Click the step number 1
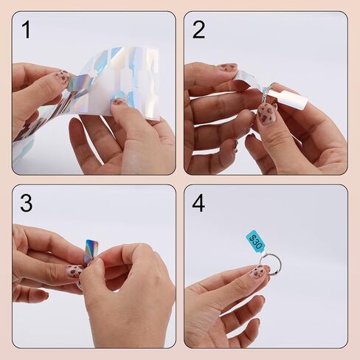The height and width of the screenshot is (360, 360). coord(27,30)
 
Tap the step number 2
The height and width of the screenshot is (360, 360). coord(198,30)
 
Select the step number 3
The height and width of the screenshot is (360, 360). coord(27,203)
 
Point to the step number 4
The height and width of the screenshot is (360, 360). coord(198,203)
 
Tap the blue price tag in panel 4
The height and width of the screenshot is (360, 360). coord(255,242)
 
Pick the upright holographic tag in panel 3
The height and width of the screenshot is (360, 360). coord(91,251)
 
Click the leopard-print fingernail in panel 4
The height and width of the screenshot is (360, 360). coord(259,272)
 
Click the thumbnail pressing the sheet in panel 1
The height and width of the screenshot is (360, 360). coord(118,101)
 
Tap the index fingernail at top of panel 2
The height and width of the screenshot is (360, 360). coord(228,67)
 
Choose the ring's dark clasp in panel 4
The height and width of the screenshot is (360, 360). coord(277,272)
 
